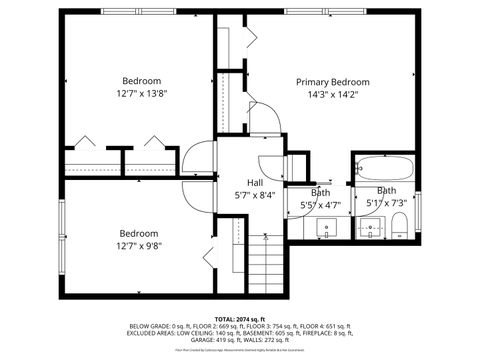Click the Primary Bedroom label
click(x=333, y=82)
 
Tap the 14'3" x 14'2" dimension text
click(x=333, y=96)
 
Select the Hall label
click(x=255, y=183)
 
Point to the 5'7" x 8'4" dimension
click(x=255, y=196)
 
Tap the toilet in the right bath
click(x=399, y=224)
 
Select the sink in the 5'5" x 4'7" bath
click(x=326, y=228)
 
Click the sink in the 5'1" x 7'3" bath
click(x=371, y=228)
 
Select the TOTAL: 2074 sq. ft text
click(x=240, y=319)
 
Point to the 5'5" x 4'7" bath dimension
click(x=321, y=205)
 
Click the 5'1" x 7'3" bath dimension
click(x=386, y=203)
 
